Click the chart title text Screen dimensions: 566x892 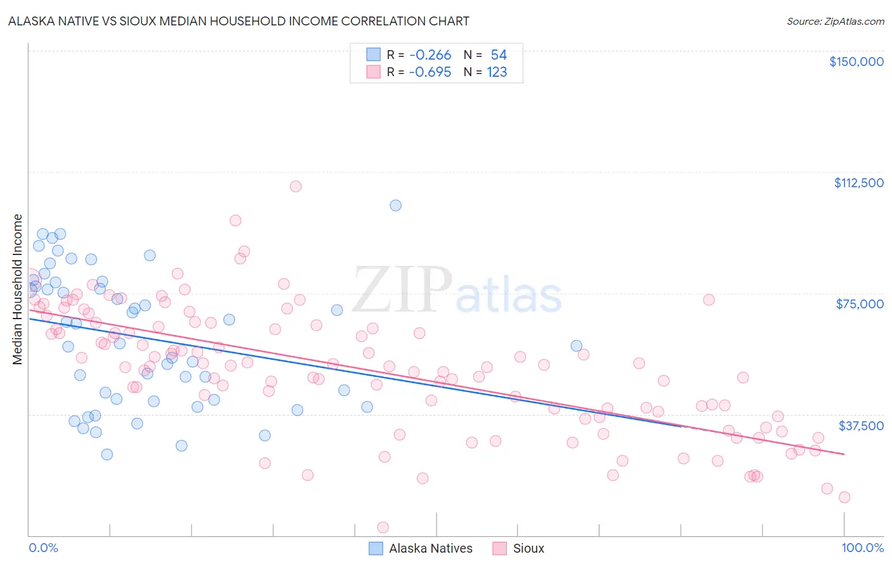click(239, 21)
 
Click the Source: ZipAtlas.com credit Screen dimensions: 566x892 click(835, 22)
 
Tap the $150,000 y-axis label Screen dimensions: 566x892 click(856, 62)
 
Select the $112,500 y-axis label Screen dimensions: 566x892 click(858, 183)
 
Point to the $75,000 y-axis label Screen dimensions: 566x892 click(860, 304)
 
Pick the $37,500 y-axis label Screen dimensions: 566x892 click(861, 425)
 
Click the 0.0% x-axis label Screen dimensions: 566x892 click(43, 548)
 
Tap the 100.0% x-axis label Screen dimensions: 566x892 click(862, 548)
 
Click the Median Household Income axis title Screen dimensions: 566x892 click(18, 289)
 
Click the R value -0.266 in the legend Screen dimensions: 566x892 click(430, 55)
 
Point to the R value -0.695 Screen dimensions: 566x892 click(430, 72)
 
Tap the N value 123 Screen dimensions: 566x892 click(497, 72)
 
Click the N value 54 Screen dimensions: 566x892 click(499, 55)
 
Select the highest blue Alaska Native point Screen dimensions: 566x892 click(396, 205)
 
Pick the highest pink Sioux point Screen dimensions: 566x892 click(296, 187)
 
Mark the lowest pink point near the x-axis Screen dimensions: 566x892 click(383, 527)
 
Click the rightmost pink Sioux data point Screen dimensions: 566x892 click(844, 497)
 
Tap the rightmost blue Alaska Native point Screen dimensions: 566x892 click(576, 346)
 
